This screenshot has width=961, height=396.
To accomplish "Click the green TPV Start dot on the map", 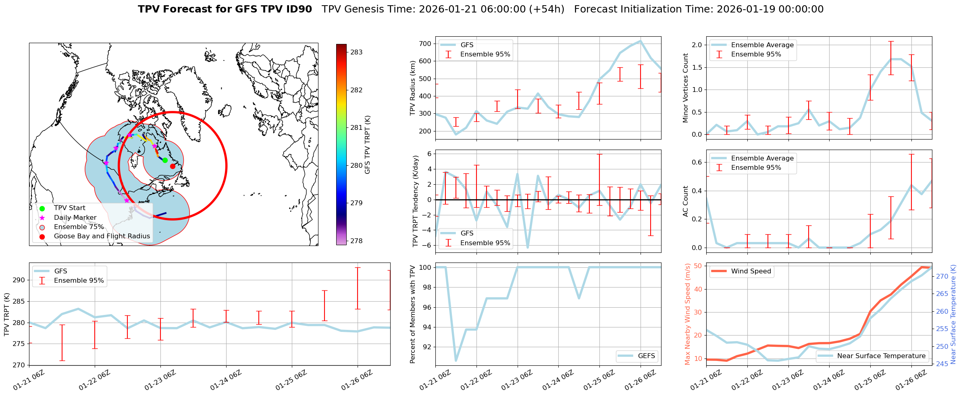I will [165, 160].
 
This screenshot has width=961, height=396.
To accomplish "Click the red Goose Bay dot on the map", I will [173, 166].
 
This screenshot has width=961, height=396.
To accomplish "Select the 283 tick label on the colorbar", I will [356, 52].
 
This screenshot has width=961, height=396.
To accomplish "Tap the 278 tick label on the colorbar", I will [356, 241].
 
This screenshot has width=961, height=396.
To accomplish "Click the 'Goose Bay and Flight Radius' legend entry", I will [102, 236].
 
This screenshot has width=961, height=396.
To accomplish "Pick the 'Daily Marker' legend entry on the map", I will [75, 217].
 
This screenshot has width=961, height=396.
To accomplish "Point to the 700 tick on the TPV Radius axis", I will [425, 44].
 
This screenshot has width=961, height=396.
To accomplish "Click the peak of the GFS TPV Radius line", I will [640, 41].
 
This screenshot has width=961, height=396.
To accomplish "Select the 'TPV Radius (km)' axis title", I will [412, 88].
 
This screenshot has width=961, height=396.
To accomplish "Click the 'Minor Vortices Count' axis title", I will [685, 88].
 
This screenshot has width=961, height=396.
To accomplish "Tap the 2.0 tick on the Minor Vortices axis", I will [697, 45].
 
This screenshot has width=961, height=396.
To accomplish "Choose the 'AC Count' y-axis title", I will [685, 201].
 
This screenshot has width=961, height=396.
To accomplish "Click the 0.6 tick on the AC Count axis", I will [697, 162].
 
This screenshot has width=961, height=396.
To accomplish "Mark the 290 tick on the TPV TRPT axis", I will [19, 280].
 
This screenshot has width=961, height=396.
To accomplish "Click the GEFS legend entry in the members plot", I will [646, 356].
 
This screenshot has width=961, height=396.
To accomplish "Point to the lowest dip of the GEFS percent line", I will [456, 361].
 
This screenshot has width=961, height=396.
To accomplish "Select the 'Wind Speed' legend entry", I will [751, 271].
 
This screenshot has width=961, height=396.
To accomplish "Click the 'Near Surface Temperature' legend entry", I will [881, 356].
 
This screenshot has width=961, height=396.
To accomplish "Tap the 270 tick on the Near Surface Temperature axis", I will [942, 276].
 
